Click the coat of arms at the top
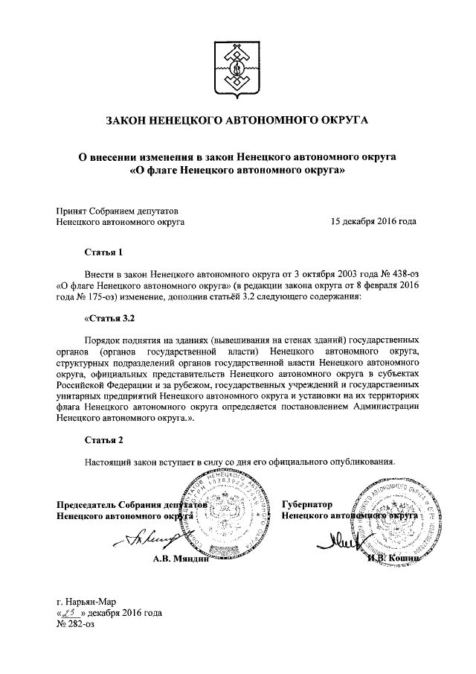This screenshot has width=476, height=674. (237, 66)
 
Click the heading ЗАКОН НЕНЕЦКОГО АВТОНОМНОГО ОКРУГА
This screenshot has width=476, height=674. (237, 120)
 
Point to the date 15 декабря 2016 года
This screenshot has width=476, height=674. (373, 221)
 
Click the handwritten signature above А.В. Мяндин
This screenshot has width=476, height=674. (152, 538)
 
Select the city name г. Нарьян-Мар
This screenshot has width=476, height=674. (86, 602)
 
